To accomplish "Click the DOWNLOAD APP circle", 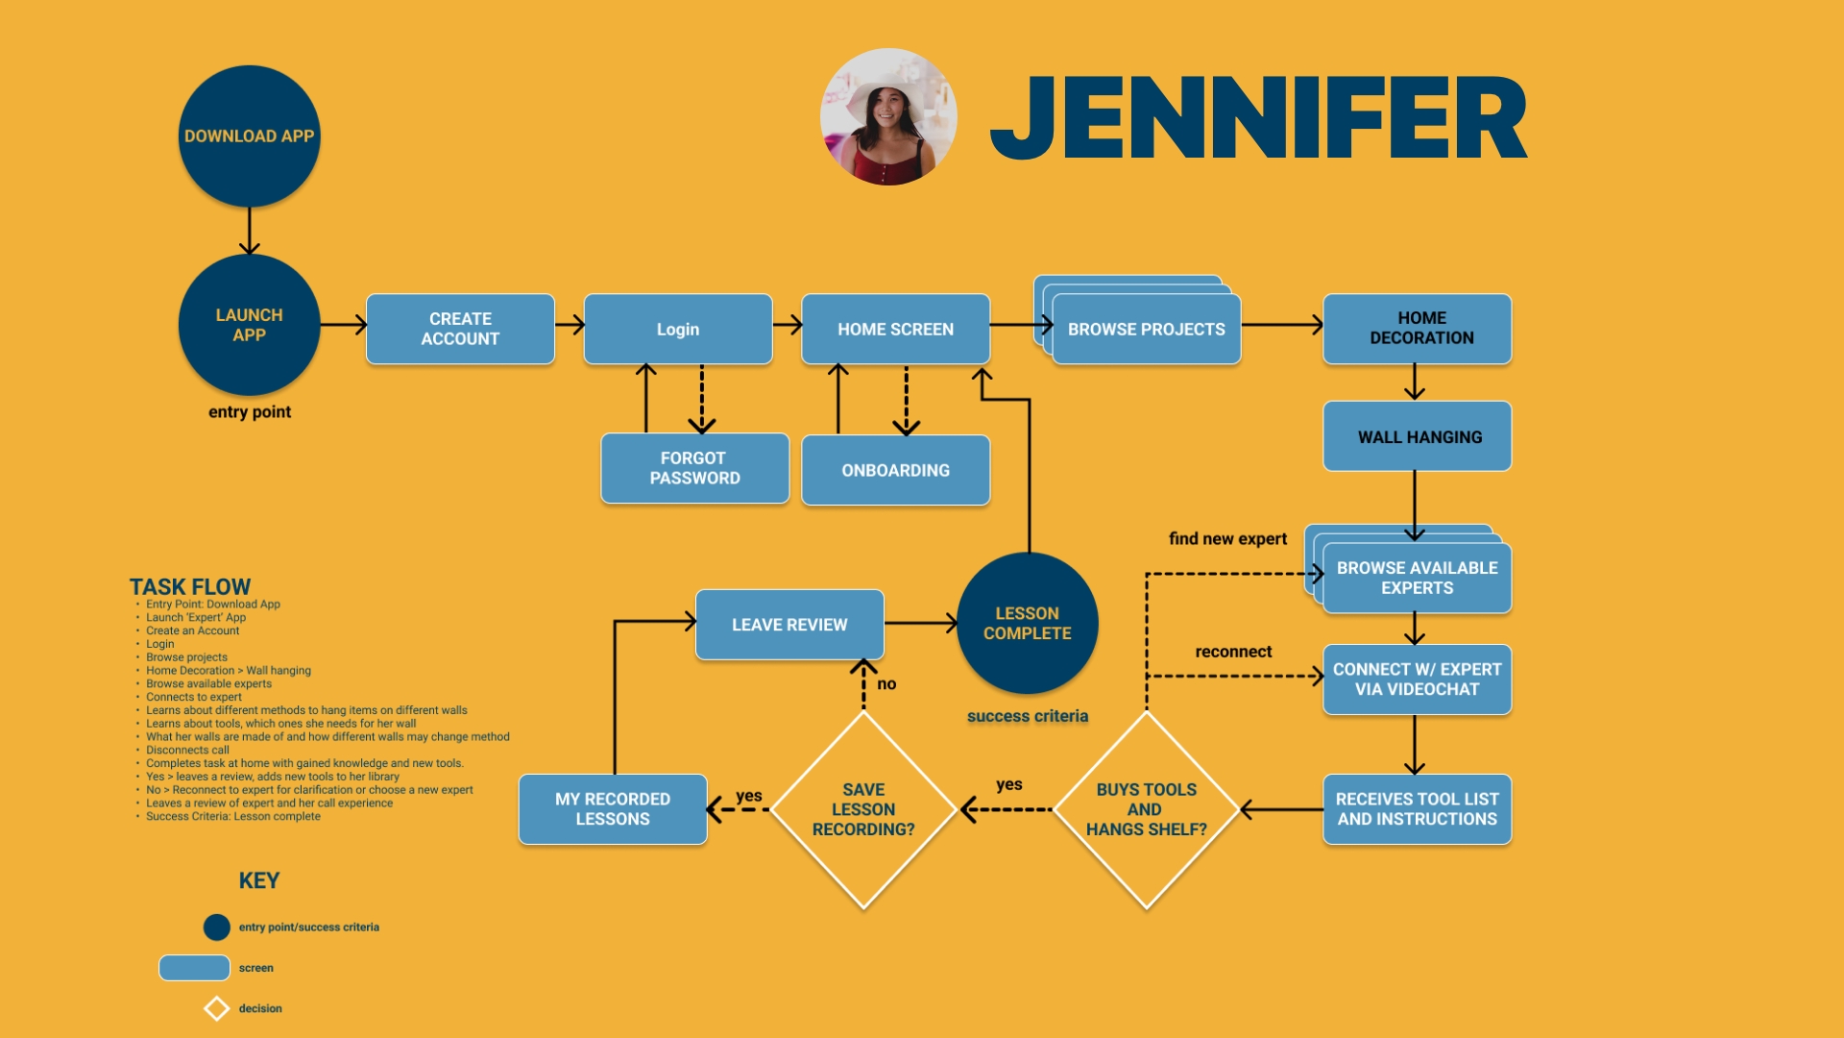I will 249,136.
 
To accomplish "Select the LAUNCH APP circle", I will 249,325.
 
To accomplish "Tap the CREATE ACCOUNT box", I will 460,329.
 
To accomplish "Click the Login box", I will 677,329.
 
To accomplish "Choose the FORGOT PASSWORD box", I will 694,468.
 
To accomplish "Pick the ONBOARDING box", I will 895,470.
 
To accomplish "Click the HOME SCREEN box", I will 895,329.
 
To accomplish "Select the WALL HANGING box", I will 1417,436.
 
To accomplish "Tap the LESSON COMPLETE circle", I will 1027,623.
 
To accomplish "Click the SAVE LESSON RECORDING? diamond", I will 862,809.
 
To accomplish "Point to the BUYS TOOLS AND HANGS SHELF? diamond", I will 1146,809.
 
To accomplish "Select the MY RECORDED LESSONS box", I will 613,809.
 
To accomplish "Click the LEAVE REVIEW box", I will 789,625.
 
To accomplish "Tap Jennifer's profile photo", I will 888,117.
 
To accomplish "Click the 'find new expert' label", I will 1227,539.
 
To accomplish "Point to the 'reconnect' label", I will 1233,652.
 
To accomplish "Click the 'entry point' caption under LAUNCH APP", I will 250,412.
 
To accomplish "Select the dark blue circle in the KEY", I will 217,927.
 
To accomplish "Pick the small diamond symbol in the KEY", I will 217,1008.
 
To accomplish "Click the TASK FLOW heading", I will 190,586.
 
